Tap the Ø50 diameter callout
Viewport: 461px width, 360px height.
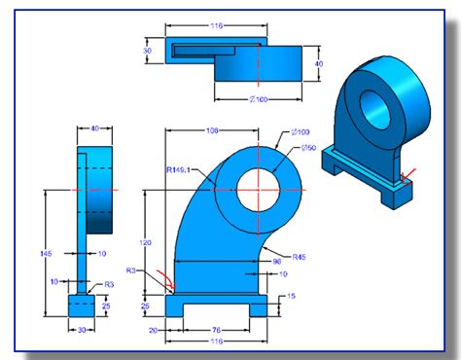309,147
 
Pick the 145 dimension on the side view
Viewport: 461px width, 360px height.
48,253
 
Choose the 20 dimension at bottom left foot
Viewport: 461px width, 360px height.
154,329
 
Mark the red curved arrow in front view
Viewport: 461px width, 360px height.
168,283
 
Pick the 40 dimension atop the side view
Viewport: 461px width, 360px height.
95,127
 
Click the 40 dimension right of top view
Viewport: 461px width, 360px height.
318,64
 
